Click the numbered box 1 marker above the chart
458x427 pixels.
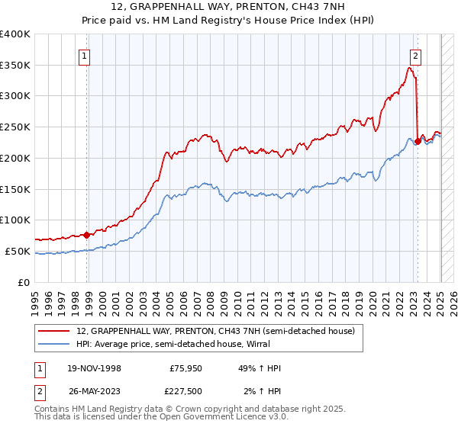84,55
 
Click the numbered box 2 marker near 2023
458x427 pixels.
415,55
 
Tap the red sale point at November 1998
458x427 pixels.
86,235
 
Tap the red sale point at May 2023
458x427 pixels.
418,141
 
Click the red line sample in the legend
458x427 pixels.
54,332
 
